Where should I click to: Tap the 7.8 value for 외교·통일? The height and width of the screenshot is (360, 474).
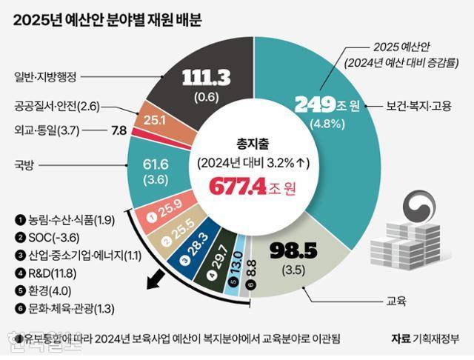tap(118, 130)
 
